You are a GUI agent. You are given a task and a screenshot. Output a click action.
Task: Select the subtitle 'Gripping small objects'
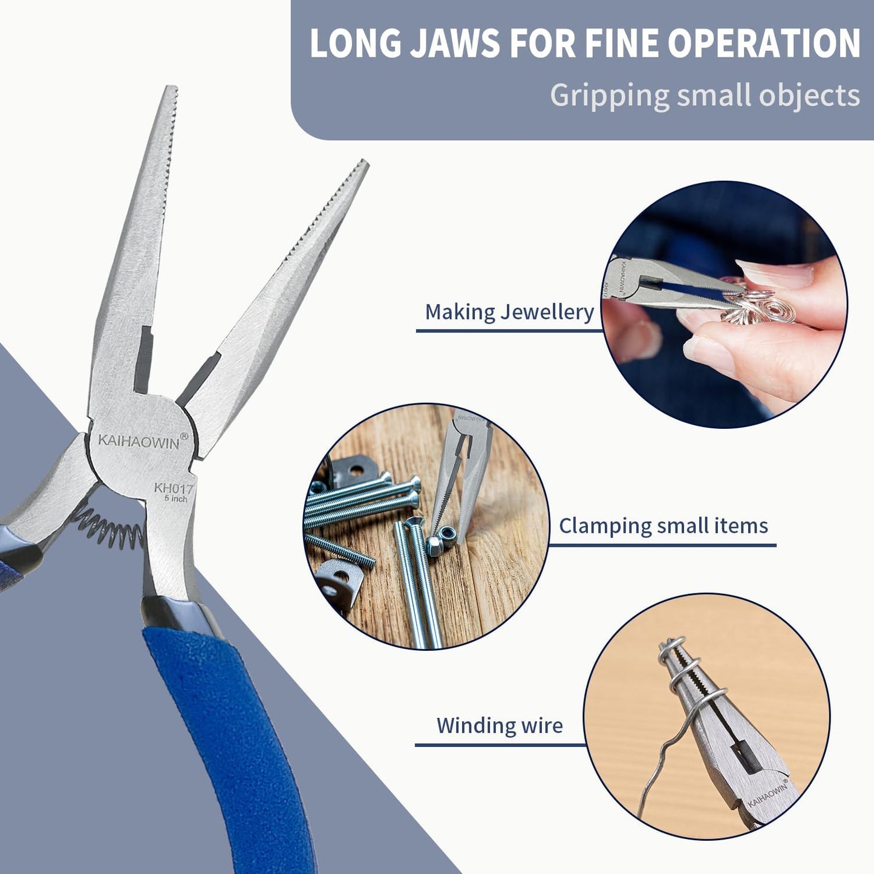click(x=705, y=96)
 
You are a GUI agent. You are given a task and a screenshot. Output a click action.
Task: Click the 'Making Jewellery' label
click(x=509, y=312)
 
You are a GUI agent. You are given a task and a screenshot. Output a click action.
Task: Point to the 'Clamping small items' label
click(x=663, y=526)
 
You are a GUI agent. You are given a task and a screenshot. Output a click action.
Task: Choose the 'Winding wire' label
click(x=500, y=725)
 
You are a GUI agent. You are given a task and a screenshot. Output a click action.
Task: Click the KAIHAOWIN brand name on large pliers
click(x=139, y=442)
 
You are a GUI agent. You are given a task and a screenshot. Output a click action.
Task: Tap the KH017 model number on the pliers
click(x=173, y=488)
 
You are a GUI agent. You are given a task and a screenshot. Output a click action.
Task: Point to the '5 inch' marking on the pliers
click(x=175, y=499)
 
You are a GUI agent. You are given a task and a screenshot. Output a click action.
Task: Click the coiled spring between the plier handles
click(x=109, y=525)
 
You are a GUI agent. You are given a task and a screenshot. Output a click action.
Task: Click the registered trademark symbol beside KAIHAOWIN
click(x=184, y=435)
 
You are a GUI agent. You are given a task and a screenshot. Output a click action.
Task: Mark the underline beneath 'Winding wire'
click(x=500, y=745)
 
